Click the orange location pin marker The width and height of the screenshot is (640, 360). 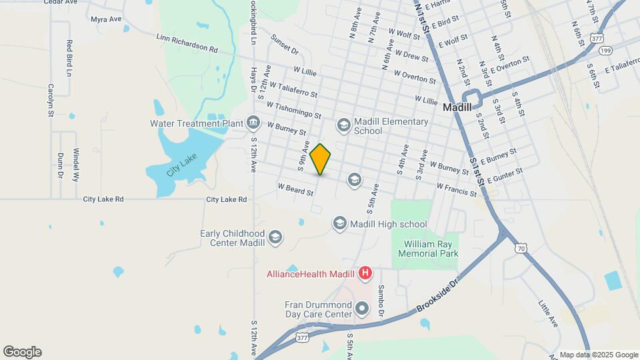point(320,159)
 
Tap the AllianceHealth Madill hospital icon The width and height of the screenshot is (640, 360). point(365,273)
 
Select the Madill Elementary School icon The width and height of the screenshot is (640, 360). point(343,123)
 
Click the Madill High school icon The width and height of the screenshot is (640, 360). point(339,224)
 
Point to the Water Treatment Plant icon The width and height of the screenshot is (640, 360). point(253,123)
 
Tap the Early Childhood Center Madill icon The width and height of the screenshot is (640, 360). point(275,237)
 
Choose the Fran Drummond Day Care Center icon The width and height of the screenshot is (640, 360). point(362,308)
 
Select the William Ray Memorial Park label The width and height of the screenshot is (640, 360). point(429,249)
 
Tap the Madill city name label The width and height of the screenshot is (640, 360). point(457,107)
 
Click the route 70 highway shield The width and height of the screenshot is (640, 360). point(521,248)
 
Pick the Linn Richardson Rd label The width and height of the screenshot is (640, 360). point(187,44)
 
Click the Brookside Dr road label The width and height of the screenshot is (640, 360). point(438,297)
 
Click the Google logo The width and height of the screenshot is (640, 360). point(21,352)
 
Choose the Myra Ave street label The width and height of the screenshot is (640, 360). point(107,21)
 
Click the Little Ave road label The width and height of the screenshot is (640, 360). point(548,313)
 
